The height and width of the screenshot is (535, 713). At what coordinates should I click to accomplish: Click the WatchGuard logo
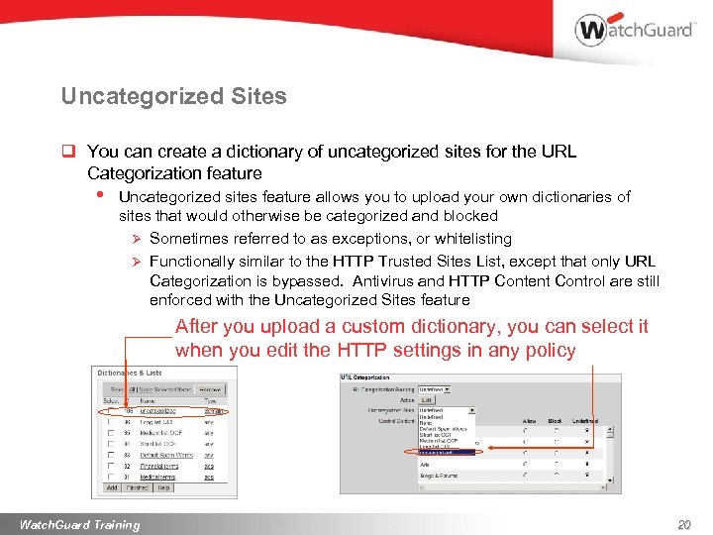point(635,30)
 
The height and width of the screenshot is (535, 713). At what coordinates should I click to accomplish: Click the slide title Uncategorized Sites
point(173,96)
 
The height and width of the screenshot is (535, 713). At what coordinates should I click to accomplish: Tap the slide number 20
point(682,524)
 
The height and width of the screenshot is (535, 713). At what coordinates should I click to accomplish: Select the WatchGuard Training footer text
point(79,524)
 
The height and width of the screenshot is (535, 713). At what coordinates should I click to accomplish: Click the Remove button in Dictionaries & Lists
point(209,389)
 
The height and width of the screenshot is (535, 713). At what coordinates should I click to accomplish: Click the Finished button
point(137,487)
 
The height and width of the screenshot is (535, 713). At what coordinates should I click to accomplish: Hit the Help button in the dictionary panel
point(162,487)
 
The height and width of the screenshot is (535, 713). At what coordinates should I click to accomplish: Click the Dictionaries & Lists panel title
point(130,374)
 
